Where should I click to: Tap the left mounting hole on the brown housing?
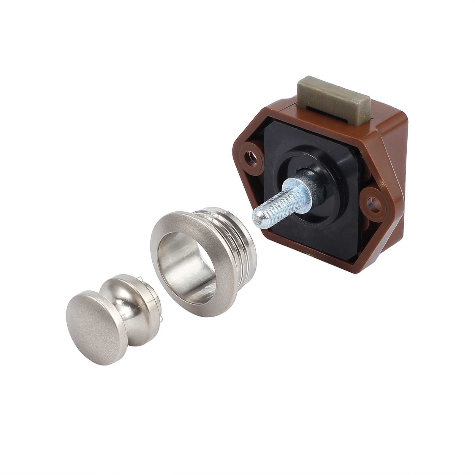pos(251,156)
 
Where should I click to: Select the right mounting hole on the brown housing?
pos(372,203)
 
